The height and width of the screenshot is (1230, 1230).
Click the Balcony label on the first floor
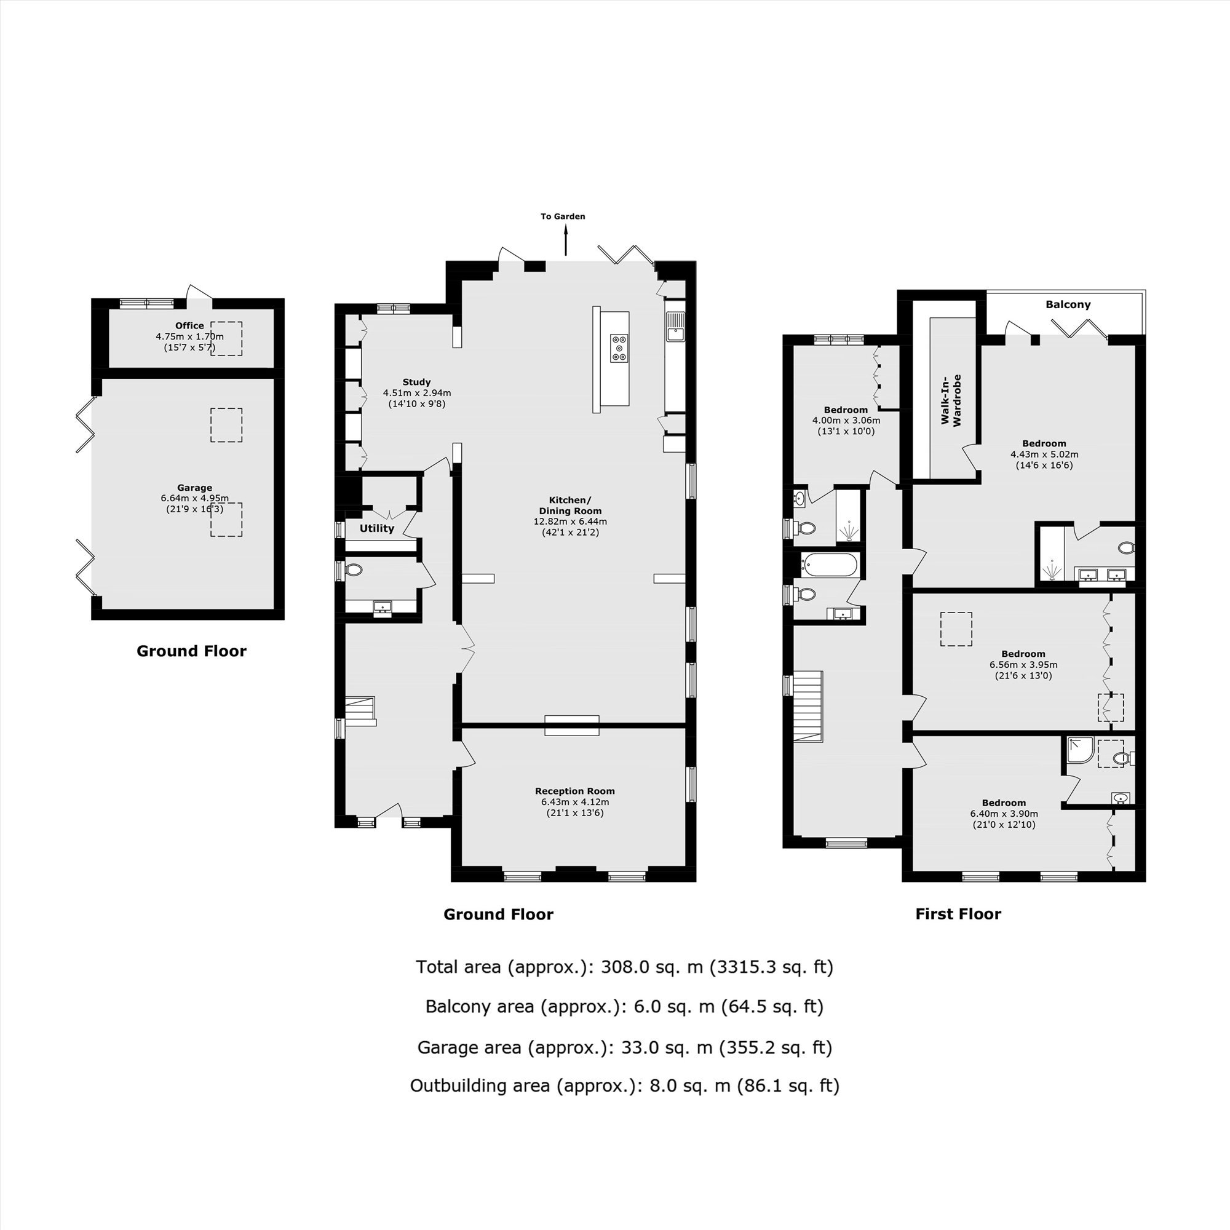(x=1068, y=304)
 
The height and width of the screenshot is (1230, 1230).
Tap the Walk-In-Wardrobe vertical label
(x=951, y=400)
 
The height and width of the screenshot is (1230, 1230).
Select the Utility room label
(x=376, y=528)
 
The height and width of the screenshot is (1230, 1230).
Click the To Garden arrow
(x=565, y=242)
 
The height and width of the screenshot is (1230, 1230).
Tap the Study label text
(x=416, y=382)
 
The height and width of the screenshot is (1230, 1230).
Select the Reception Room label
(x=575, y=792)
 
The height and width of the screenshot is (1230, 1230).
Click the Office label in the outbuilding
(x=189, y=325)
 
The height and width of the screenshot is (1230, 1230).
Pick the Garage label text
(x=195, y=488)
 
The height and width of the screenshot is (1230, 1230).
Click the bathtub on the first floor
(x=828, y=564)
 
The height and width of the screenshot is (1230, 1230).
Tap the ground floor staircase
(x=361, y=712)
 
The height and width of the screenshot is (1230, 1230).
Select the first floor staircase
(x=808, y=706)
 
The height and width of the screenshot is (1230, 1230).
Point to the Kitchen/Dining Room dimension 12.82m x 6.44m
(x=570, y=522)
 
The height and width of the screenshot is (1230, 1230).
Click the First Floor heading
(x=958, y=915)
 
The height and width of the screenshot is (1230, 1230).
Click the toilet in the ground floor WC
(x=354, y=570)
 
